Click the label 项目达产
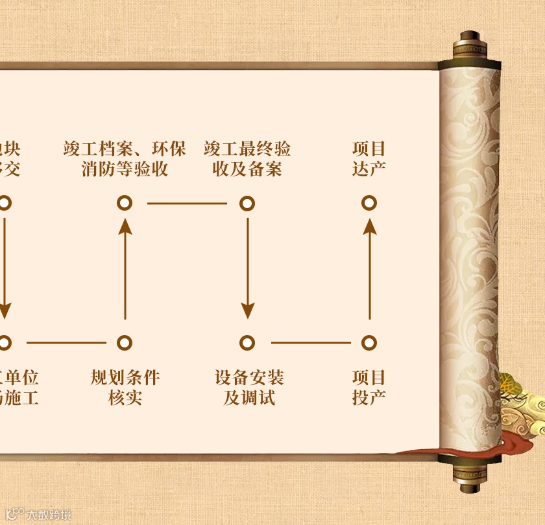369,159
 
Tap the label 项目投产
369,387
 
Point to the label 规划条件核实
125,387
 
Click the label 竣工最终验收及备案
247,159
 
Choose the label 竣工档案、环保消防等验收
125,159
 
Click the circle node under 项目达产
369,204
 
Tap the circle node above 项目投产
369,342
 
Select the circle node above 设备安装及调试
247,342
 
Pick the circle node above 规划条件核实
125,342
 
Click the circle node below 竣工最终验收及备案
247,204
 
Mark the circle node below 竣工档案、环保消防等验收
125,204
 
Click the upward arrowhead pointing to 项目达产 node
369,226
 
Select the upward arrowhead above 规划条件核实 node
125,226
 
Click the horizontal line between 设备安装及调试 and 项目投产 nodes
310,342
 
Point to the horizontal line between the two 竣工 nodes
187,204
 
